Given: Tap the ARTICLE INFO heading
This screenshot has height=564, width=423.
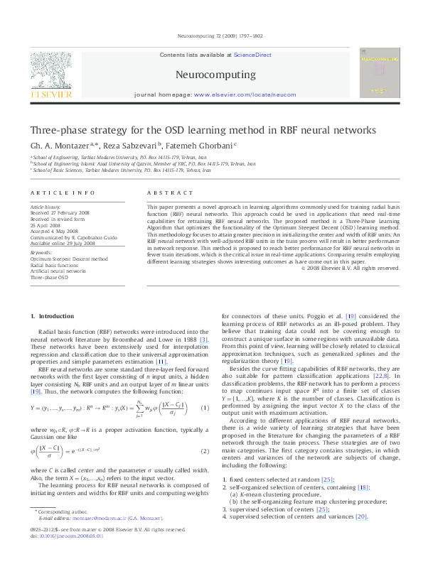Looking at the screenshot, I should click(62, 192).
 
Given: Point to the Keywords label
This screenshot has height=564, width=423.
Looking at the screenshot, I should click(41, 253).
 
